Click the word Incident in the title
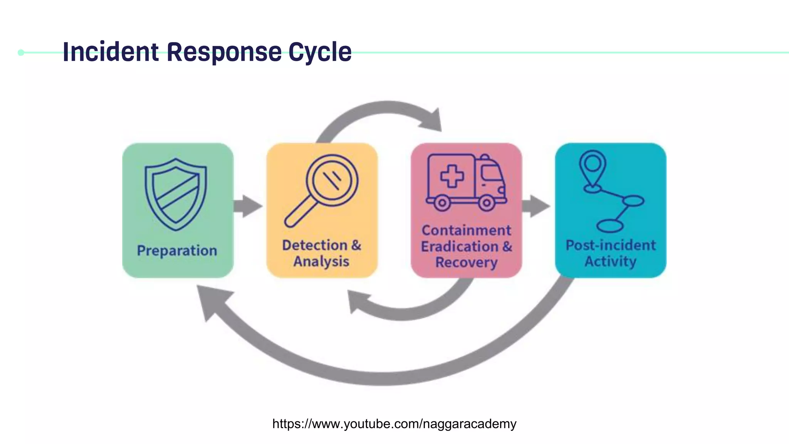(111, 52)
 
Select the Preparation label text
(177, 251)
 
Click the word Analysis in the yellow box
(321, 261)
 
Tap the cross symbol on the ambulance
(452, 176)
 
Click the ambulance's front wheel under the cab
(487, 202)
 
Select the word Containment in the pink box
(466, 230)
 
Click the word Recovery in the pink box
(466, 262)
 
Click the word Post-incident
(611, 245)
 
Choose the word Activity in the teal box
(611, 261)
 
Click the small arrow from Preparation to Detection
(248, 206)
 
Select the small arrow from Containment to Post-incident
(537, 206)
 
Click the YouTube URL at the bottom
(394, 424)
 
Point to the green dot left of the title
(21, 52)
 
